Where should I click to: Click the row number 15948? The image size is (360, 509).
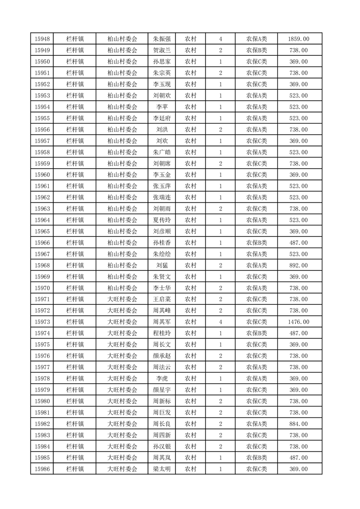click(x=42, y=39)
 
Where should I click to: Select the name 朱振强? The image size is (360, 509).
click(x=162, y=39)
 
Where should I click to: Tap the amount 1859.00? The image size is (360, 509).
click(x=299, y=39)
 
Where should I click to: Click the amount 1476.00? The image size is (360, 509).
click(x=299, y=322)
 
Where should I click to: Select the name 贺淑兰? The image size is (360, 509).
click(x=162, y=50)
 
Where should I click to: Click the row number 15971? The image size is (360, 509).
click(x=42, y=299)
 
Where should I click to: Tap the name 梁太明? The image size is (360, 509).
click(x=162, y=469)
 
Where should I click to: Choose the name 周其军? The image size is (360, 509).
click(x=162, y=322)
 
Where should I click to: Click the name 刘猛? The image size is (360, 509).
click(x=162, y=265)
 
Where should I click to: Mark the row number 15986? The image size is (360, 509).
click(x=42, y=469)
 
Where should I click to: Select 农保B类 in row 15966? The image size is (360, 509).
click(x=256, y=243)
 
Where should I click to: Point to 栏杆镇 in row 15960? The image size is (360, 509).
click(x=75, y=175)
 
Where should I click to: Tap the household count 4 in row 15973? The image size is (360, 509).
click(x=221, y=322)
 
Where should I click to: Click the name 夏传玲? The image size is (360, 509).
click(x=162, y=220)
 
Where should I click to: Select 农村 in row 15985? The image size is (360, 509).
click(x=190, y=458)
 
